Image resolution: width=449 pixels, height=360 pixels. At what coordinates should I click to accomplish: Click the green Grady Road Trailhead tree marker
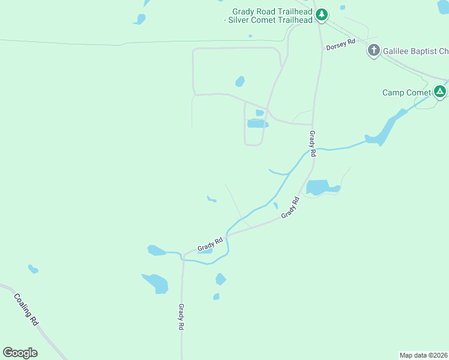(x=322, y=14)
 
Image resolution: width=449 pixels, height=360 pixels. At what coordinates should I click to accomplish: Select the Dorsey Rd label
(x=340, y=44)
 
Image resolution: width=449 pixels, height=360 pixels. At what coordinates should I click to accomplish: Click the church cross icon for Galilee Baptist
(x=374, y=50)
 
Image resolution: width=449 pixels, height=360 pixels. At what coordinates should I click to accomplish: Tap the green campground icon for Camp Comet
(x=440, y=92)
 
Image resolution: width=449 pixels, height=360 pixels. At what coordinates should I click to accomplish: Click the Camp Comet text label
(x=406, y=92)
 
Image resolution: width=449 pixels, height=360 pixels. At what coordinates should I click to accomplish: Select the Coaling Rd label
(x=26, y=309)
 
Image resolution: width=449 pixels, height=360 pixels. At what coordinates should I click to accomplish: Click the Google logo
(x=20, y=353)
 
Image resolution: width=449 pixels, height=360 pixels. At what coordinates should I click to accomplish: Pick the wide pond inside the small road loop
(x=258, y=124)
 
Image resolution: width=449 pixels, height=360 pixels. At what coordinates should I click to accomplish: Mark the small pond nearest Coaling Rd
(x=33, y=269)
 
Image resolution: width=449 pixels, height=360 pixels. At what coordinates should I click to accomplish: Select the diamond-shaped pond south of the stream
(x=221, y=279)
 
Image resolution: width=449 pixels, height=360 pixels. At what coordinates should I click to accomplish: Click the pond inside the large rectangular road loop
(x=240, y=81)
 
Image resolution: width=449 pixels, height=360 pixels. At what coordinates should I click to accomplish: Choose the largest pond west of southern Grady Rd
(x=156, y=283)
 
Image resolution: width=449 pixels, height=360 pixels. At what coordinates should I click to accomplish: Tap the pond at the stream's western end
(x=156, y=250)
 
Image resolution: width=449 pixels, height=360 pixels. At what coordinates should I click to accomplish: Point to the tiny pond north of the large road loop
(x=250, y=36)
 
